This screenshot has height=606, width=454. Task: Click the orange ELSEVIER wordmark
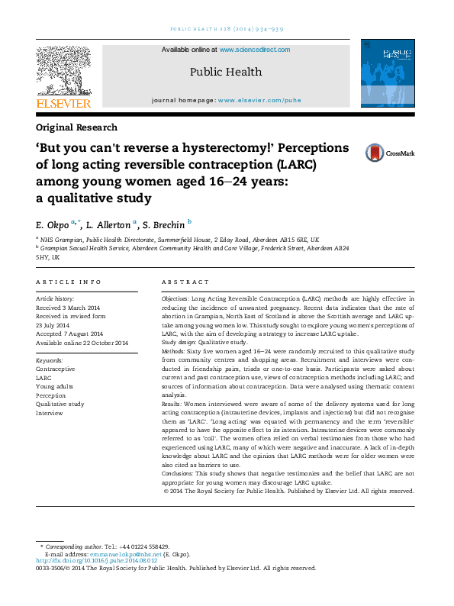(x=64, y=103)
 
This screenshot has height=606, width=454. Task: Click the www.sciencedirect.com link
(x=255, y=50)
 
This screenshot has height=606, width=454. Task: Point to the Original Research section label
(x=76, y=127)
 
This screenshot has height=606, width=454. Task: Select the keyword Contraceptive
(x=56, y=368)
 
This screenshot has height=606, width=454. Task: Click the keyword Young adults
(x=55, y=386)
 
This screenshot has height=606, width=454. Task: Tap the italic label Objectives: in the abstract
(x=175, y=298)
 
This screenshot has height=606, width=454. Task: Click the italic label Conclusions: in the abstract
(x=177, y=474)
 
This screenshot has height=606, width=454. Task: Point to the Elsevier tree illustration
(x=63, y=72)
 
